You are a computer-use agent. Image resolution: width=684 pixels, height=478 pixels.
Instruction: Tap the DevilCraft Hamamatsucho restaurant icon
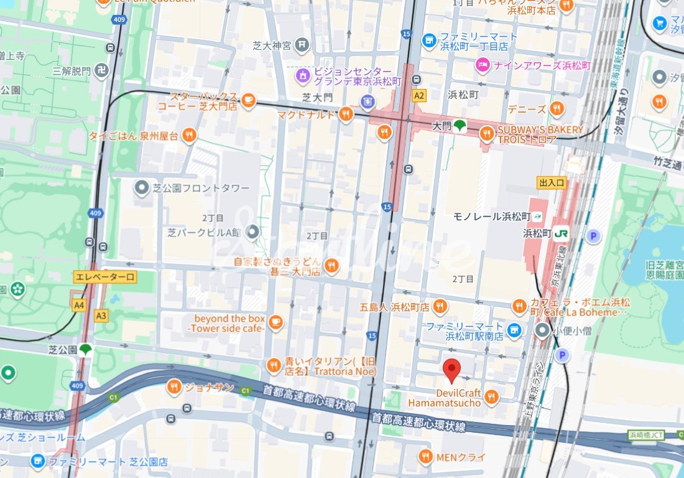[491, 396]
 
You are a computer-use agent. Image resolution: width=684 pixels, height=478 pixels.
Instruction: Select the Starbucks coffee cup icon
[248, 100]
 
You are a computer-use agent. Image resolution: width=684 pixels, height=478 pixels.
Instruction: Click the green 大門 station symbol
[459, 126]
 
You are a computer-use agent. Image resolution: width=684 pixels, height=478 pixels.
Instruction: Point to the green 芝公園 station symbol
[85, 350]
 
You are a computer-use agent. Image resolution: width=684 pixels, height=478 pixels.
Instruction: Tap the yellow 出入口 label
[552, 182]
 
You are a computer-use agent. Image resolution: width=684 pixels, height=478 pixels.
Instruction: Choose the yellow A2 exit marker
[419, 96]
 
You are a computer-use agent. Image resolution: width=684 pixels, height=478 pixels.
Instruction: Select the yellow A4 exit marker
[79, 305]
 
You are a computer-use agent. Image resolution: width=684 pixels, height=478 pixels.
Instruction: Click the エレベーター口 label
[104, 277]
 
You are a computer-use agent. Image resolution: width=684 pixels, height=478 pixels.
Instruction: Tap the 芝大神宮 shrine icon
[302, 44]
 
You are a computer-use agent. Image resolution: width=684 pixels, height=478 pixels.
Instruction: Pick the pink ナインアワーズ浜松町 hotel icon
[483, 64]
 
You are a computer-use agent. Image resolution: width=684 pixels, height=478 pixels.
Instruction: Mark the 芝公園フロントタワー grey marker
[142, 187]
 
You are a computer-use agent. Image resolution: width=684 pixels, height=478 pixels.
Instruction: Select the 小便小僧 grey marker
[543, 330]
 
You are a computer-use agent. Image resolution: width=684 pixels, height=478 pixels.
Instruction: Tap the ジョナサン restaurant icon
[174, 387]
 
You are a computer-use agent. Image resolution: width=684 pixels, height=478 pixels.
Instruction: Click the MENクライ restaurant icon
[425, 457]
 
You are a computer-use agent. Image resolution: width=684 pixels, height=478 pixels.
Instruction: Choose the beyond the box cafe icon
[275, 322]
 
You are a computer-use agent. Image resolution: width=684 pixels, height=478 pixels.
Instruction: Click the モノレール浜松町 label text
[491, 217]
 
